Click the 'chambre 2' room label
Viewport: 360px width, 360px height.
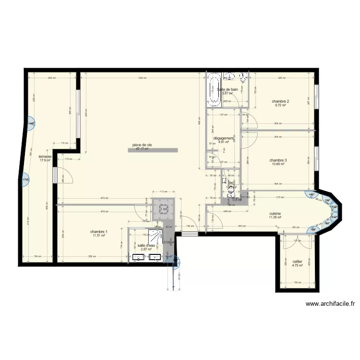click(x=280, y=101)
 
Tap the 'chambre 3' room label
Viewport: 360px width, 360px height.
click(x=278, y=160)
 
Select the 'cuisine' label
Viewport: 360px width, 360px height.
click(x=275, y=214)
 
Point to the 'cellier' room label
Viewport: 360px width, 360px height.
click(x=297, y=262)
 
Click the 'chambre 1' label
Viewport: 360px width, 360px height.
click(x=99, y=231)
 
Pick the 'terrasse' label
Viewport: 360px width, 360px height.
click(x=45, y=156)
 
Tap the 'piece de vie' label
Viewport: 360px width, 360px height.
click(x=143, y=145)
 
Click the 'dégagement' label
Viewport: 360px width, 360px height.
click(x=223, y=138)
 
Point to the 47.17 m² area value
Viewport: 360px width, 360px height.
click(x=142, y=149)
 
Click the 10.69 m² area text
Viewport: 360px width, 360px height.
click(x=277, y=165)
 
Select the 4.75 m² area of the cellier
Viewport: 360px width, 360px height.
click(x=297, y=266)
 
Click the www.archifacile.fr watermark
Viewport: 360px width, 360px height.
click(x=330, y=304)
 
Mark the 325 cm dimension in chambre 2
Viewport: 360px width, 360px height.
click(x=282, y=78)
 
